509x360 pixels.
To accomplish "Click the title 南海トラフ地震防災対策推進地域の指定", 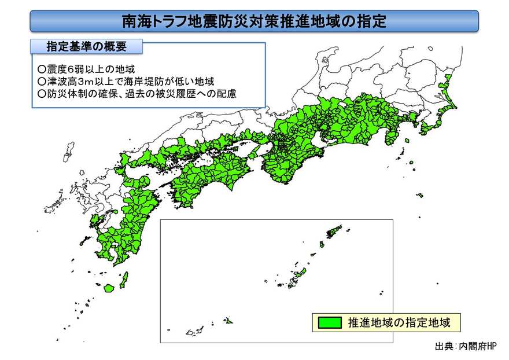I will pos(254,21).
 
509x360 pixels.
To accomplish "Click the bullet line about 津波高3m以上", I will pos(125,81).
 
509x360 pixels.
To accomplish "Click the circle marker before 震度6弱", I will pos(41,69).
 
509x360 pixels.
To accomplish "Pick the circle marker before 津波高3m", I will pos(41,81).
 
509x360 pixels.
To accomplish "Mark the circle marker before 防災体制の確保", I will pos(41,93).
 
